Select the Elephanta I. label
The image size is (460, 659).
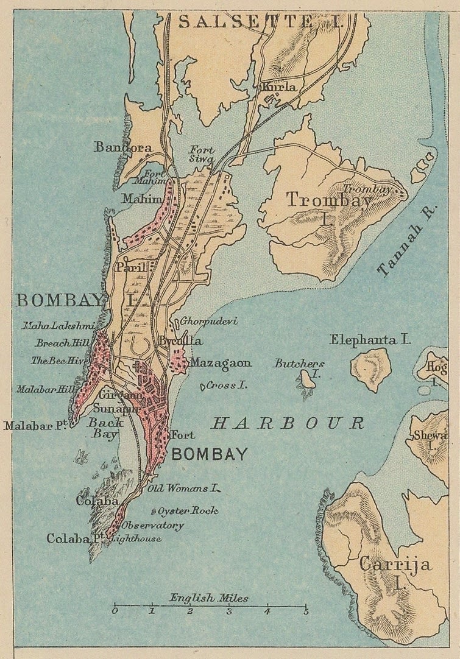370,340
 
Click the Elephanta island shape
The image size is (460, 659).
370,370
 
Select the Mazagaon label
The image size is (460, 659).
220,363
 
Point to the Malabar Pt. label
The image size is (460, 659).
35,426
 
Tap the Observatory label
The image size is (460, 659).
152,525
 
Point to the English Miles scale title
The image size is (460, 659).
209,598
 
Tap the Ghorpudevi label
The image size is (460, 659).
208,321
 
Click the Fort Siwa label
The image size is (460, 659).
201,153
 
